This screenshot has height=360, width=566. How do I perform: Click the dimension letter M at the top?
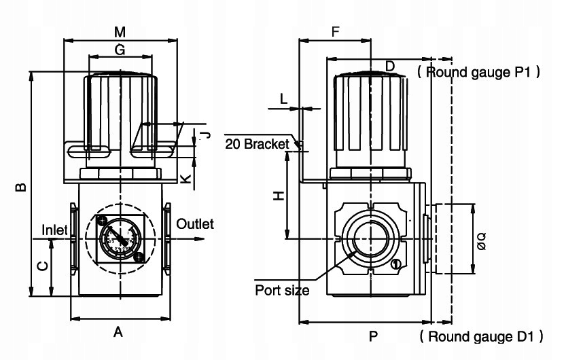click(120, 31)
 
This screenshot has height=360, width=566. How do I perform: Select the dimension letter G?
click(120, 50)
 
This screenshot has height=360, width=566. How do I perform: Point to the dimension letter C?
click(41, 268)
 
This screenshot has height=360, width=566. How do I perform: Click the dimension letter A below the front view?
click(118, 332)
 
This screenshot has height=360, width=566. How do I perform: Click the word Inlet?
click(55, 230)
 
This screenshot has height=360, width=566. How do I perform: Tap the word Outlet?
click(194, 224)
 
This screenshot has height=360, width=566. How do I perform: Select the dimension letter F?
click(335, 32)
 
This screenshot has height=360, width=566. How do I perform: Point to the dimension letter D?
click(389, 65)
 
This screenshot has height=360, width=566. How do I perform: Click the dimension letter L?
click(284, 98)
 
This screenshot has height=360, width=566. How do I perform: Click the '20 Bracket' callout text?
click(258, 144)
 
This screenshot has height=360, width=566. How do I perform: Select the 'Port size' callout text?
click(282, 291)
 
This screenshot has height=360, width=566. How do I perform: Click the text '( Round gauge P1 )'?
click(478, 71)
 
